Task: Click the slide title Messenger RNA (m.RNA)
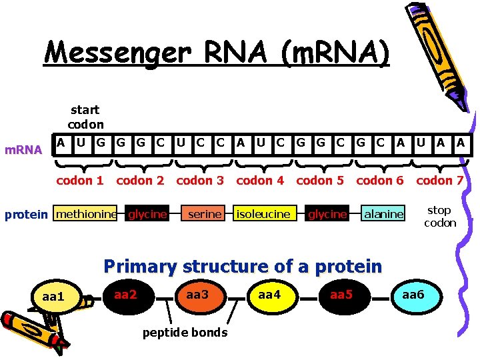point(216,51)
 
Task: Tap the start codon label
point(85,117)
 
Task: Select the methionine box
point(86,214)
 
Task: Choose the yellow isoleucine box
point(263,214)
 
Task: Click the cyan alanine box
point(383,214)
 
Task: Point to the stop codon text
point(440,217)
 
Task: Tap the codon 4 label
point(260,181)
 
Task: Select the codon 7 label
point(439,181)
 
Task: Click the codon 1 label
point(80,181)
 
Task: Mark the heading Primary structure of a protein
point(243,267)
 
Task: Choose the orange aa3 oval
point(197,294)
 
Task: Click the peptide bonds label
point(185,332)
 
